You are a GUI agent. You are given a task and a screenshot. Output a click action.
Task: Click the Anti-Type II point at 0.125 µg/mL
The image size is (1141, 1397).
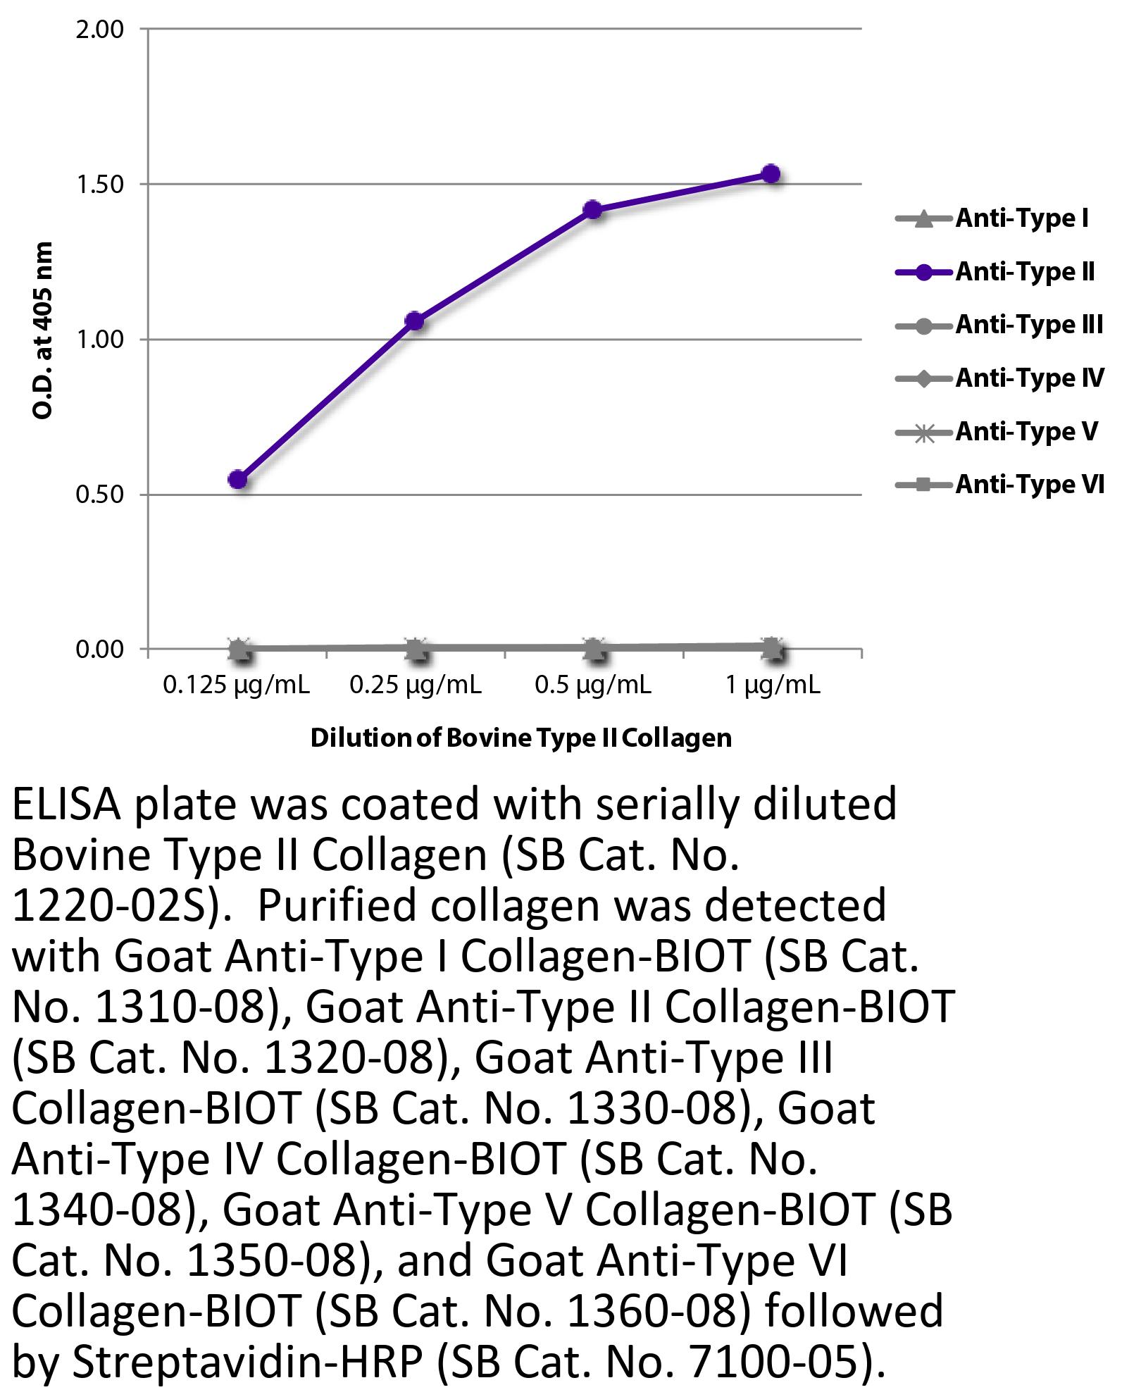click(238, 480)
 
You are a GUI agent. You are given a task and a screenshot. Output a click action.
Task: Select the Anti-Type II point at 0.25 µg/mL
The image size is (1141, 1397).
click(416, 321)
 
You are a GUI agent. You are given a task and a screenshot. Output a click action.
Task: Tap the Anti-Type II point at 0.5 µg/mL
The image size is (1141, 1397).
click(593, 210)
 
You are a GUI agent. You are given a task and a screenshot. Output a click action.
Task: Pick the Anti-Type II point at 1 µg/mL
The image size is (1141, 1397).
click(771, 174)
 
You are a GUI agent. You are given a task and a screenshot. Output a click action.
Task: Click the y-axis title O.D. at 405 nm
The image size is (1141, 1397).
click(44, 330)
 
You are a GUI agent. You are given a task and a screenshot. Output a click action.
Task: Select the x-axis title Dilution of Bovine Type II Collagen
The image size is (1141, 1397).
click(521, 738)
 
